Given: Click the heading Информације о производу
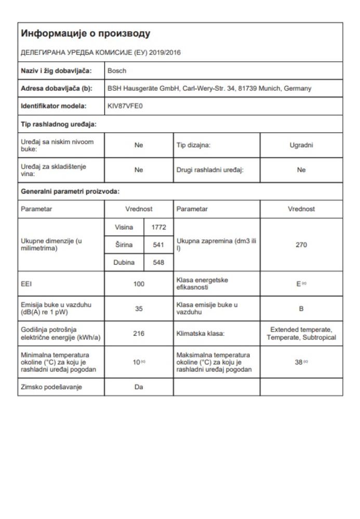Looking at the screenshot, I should coord(85,34).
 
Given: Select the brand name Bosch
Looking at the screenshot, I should coord(116,70).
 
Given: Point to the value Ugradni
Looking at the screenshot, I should coord(301,146).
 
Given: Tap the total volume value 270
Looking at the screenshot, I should coord(301,245).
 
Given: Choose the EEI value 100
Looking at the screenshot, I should coord(138,283).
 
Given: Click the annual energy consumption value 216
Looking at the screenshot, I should coord(138,333).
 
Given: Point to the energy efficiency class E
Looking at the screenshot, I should coord(300,283).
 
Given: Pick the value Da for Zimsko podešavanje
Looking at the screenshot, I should coord(138,387).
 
